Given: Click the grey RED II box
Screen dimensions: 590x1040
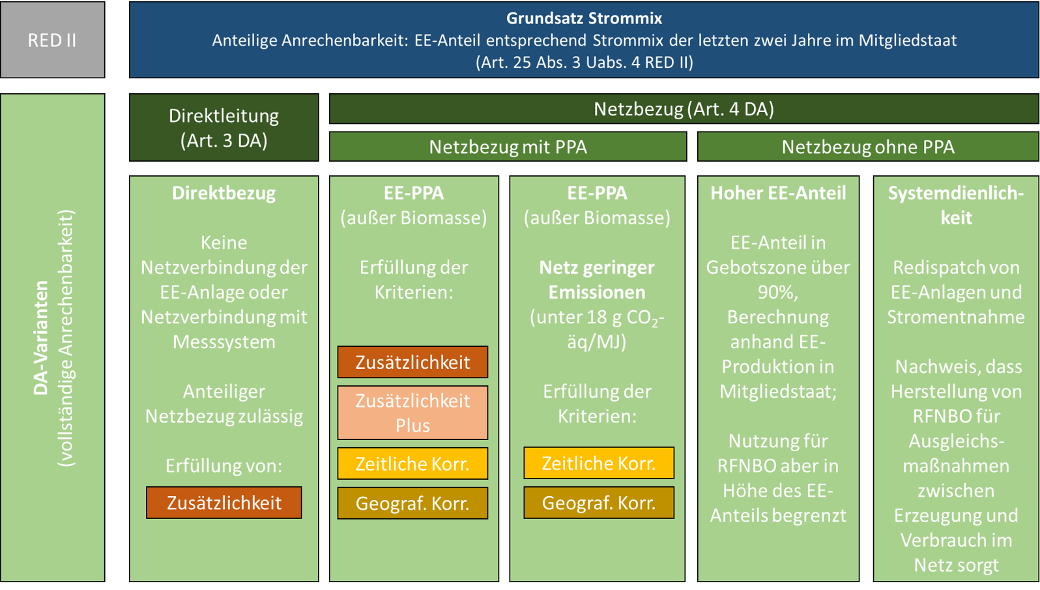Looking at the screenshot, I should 52,40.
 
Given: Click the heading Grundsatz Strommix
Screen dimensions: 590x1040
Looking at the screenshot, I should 584,18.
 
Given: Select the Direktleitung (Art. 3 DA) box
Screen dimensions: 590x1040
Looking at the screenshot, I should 224,128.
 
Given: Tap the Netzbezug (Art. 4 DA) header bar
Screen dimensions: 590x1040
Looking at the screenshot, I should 684,109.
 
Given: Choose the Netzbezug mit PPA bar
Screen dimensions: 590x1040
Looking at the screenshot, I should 508,147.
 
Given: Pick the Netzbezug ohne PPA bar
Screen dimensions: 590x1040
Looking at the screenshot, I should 868,147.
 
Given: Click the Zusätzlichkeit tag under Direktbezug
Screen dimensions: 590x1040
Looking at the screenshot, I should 224,503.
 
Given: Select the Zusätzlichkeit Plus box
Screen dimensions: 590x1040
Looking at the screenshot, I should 412,413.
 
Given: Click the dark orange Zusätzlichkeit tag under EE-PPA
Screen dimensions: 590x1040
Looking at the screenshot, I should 412,362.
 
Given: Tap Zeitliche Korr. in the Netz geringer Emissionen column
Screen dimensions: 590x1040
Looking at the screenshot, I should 598,463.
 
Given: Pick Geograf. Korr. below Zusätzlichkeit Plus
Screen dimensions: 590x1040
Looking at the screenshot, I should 412,503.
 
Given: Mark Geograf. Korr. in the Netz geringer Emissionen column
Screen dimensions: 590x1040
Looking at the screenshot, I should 598,503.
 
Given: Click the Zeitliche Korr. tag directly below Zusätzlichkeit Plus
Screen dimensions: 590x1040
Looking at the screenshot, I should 412,464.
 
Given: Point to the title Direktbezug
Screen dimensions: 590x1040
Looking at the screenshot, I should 224,193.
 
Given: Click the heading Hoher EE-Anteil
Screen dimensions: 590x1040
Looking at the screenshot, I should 778,193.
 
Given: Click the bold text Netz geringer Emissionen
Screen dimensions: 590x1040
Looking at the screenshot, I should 597,280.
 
